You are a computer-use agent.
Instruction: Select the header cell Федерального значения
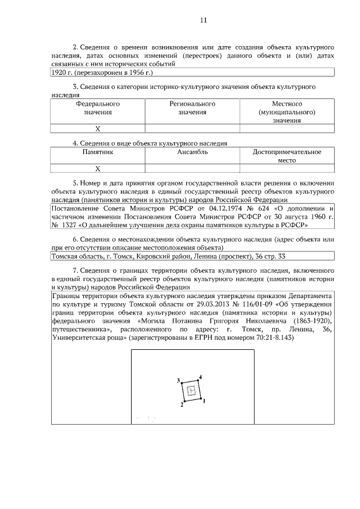97,108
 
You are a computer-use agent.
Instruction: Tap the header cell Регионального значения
192,108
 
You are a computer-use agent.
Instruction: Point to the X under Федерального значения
97,129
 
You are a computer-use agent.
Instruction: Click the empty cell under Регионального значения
192,129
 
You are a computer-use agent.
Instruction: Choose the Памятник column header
97,152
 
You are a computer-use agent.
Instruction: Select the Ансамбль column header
192,152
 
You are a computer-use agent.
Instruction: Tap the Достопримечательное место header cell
287,156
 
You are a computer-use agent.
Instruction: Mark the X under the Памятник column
97,168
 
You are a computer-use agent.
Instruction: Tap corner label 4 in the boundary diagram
200,376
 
